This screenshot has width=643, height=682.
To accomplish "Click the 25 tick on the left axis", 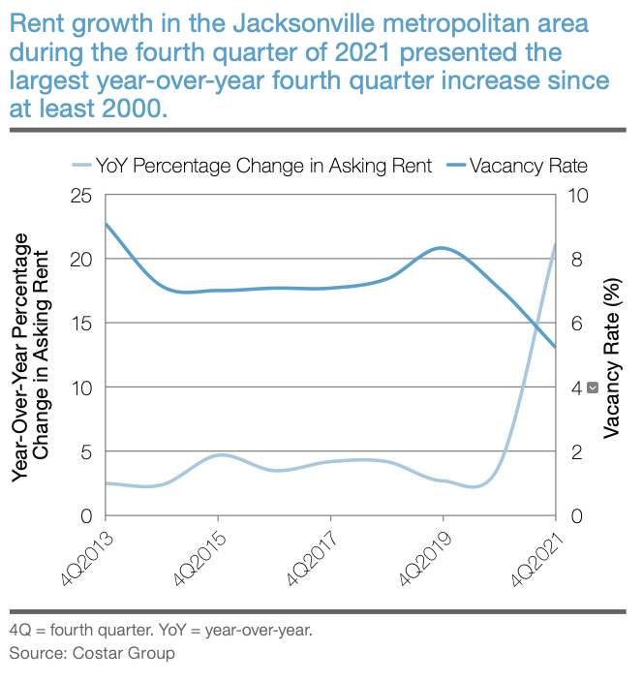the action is point(81,196).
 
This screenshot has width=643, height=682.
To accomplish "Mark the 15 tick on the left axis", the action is point(81,324).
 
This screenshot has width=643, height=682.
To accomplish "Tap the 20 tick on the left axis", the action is point(81,260).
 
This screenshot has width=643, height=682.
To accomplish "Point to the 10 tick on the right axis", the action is point(578,196).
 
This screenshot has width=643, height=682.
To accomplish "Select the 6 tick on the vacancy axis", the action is point(576,324).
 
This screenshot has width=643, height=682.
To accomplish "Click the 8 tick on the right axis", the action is point(576,260).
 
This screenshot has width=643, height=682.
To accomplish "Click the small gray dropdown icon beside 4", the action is point(593,387).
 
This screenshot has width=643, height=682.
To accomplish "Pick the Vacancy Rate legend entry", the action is point(517,166).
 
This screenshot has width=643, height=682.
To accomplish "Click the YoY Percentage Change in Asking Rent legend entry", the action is point(252,166).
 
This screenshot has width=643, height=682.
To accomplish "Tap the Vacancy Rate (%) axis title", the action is point(612,358).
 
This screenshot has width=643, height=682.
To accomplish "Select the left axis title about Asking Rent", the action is point(31,357).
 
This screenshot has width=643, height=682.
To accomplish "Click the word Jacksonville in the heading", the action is point(303,23).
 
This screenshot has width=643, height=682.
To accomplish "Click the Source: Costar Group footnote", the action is point(92,653).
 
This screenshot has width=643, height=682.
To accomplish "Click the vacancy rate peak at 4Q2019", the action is point(443,248).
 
